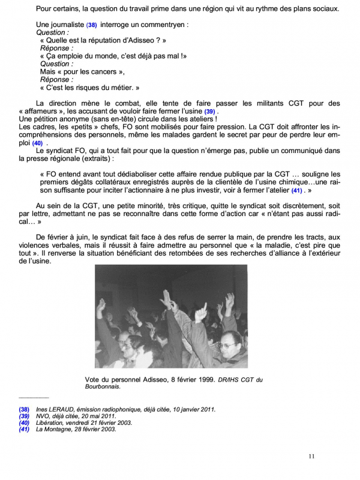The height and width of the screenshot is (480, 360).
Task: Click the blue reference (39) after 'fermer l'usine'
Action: pyautogui.click(x=209, y=112)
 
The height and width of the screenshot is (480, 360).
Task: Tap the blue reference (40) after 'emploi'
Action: pyautogui.click(x=37, y=143)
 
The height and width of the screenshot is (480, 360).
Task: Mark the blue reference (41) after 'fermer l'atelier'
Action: pyautogui.click(x=296, y=190)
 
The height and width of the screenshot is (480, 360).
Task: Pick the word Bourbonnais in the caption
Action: pyautogui.click(x=106, y=387)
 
